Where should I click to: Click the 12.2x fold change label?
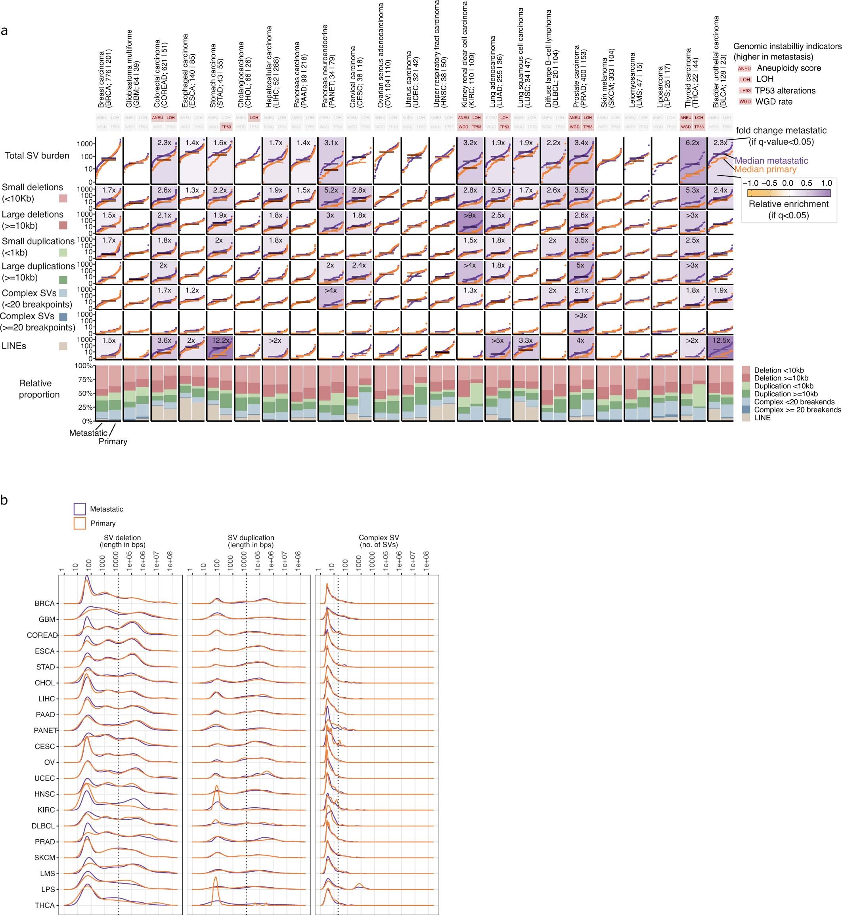click(220, 340)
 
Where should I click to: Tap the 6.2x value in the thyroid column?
click(692, 143)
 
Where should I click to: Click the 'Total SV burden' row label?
click(37, 156)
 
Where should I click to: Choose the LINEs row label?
click(14, 346)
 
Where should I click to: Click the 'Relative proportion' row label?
click(39, 389)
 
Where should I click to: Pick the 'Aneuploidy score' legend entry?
click(789, 68)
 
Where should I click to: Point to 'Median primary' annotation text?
click(765, 170)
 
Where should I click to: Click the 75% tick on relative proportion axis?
click(86, 379)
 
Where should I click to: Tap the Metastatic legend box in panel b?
click(80, 509)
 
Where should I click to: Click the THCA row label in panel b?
click(45, 905)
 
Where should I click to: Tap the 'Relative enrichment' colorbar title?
click(789, 204)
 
